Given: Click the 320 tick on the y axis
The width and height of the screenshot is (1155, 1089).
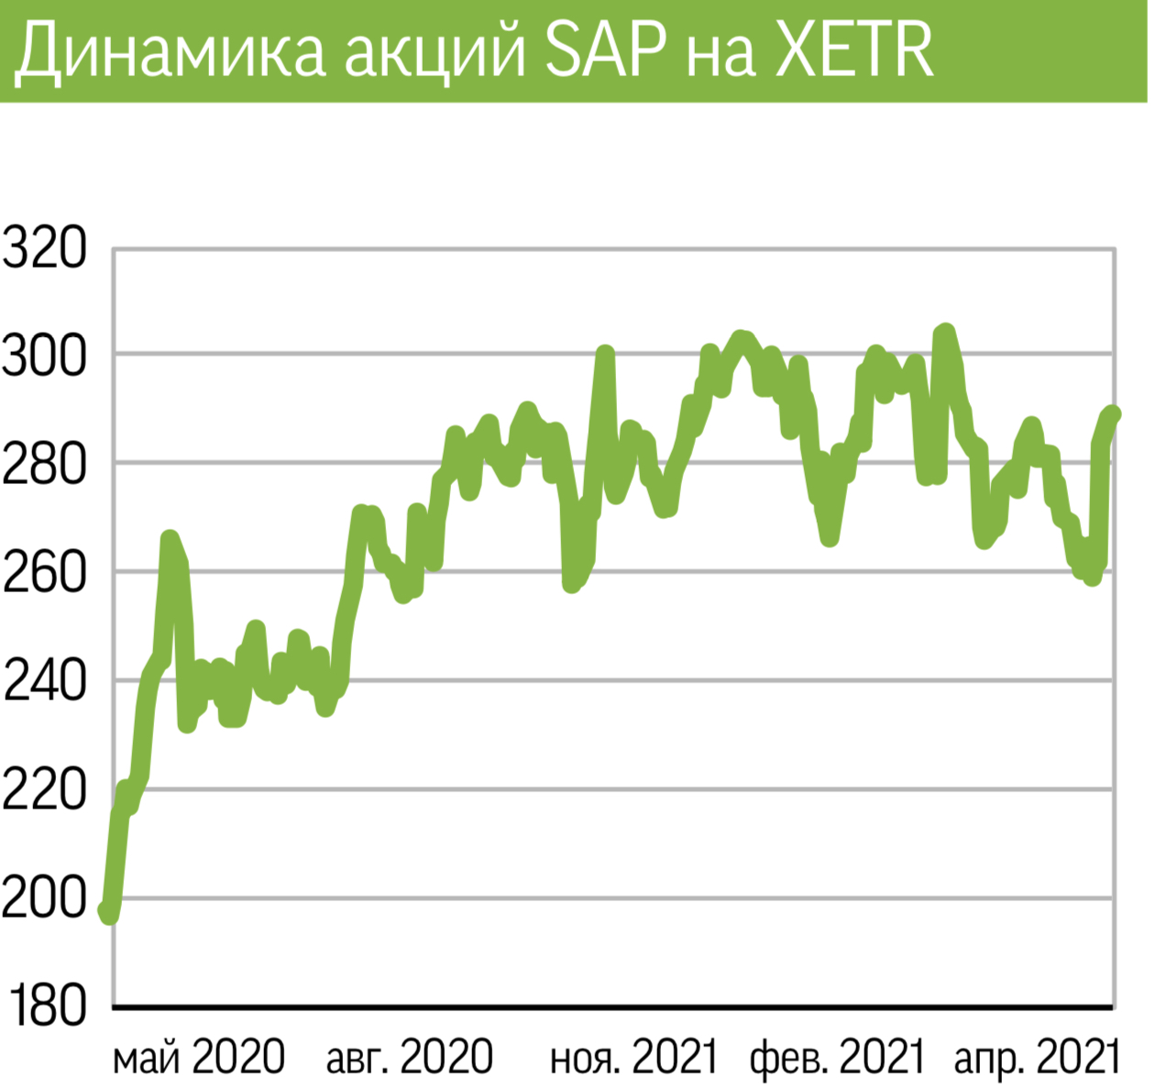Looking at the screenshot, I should pyautogui.click(x=44, y=248).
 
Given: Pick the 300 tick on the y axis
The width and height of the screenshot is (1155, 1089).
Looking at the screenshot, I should pyautogui.click(x=44, y=356).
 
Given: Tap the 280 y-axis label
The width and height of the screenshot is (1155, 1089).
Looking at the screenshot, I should pyautogui.click(x=44, y=465).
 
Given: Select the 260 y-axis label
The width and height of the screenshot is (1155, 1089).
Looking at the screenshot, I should pyautogui.click(x=44, y=573).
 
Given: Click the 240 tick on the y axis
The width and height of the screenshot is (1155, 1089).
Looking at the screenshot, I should pyautogui.click(x=44, y=681).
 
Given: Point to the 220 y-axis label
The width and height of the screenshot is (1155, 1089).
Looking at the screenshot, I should pyautogui.click(x=44, y=789).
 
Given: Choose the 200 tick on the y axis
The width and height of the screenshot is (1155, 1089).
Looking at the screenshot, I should pyautogui.click(x=44, y=898).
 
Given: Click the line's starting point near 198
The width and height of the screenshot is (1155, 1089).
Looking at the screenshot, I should pyautogui.click(x=107, y=911).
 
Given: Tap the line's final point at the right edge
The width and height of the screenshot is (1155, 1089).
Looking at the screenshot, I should pyautogui.click(x=1113, y=413).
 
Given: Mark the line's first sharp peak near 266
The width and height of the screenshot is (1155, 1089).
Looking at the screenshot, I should pyautogui.click(x=169, y=538).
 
